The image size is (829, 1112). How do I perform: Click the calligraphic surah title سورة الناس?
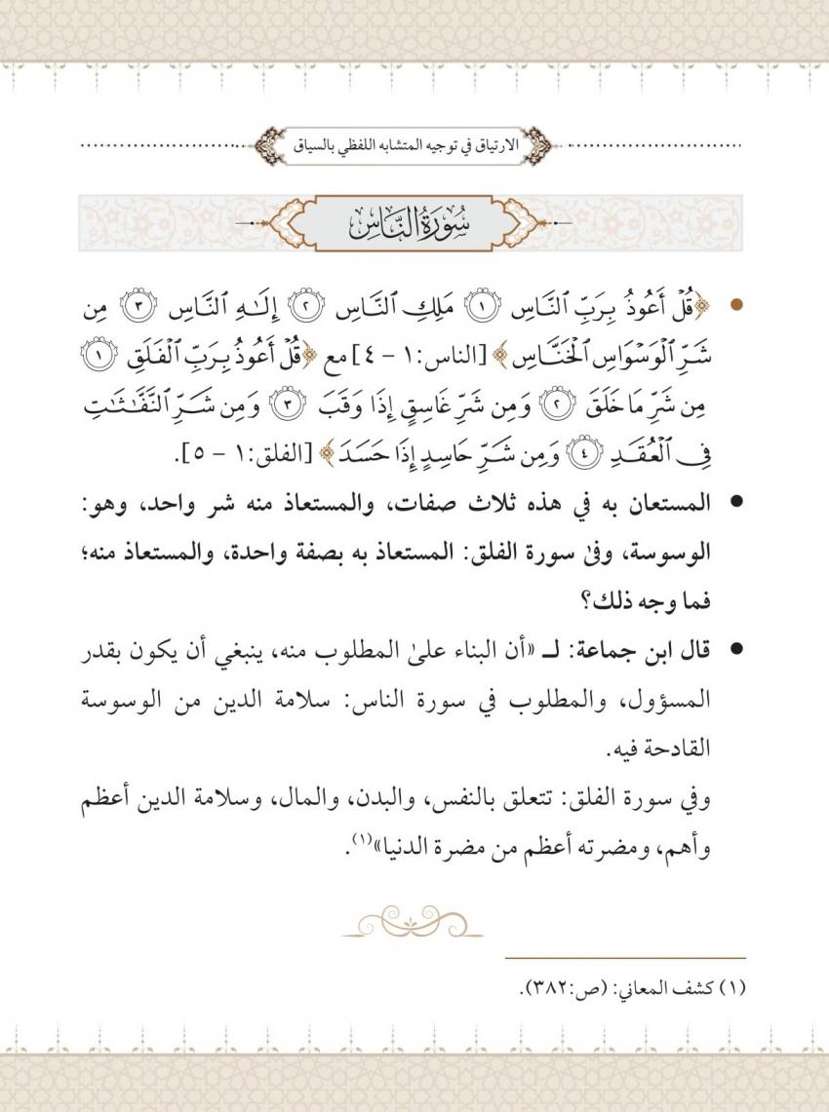[414, 225]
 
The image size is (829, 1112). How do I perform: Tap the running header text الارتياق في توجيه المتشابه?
[413, 147]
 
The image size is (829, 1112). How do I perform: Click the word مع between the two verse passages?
[345, 346]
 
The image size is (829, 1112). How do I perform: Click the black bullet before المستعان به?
[737, 506]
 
